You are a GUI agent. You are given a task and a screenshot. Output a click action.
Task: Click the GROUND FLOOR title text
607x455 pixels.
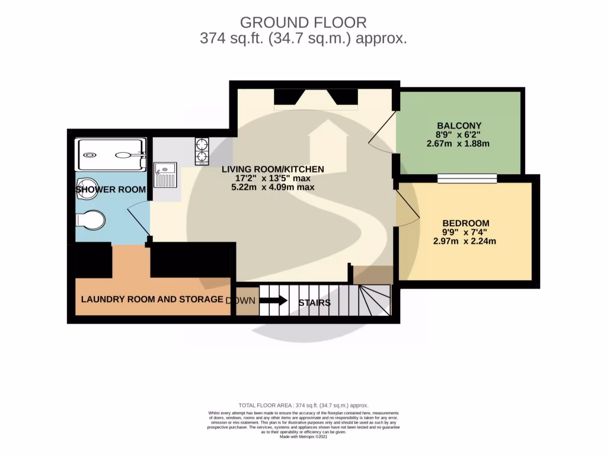pyautogui.click(x=303, y=23)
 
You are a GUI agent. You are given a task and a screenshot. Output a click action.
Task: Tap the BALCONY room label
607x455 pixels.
pyautogui.click(x=459, y=126)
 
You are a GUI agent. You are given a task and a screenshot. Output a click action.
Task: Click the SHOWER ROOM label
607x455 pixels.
pyautogui.click(x=111, y=190)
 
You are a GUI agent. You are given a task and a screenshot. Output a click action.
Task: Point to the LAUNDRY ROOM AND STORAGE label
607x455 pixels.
pyautogui.click(x=152, y=299)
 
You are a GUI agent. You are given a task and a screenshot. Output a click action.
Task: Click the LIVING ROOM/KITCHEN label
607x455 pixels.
pyautogui.click(x=273, y=169)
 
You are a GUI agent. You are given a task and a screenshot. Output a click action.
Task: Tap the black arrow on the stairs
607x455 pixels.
pyautogui.click(x=273, y=300)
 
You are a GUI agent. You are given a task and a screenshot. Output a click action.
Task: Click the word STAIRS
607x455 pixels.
pyautogui.click(x=314, y=303)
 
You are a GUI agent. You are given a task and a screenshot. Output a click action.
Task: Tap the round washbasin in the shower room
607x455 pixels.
pyautogui.click(x=87, y=185)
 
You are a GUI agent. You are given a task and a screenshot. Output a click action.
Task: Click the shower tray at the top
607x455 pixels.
pyautogui.click(x=110, y=155)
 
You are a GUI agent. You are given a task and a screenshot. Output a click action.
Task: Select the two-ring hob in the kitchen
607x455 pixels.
pyautogui.click(x=202, y=150)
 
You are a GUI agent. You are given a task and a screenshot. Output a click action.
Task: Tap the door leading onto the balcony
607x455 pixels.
pyautogui.click(x=382, y=128)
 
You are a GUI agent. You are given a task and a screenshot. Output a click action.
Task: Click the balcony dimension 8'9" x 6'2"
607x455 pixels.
pyautogui.click(x=459, y=134)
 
